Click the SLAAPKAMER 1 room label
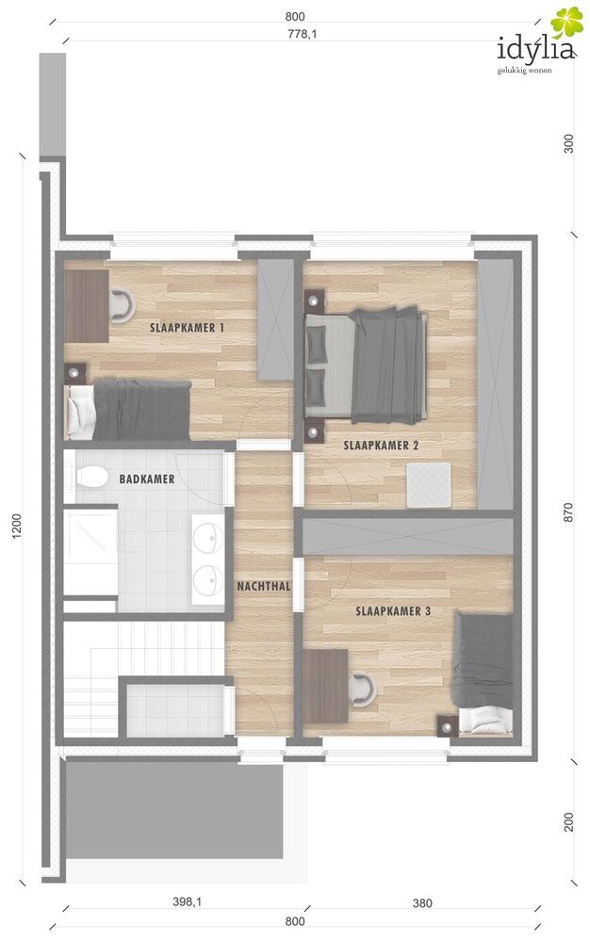tap(187, 328)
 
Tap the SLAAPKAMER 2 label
tap(381, 446)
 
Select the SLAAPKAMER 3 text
tap(393, 611)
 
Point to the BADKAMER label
tap(147, 479)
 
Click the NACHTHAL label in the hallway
tap(264, 586)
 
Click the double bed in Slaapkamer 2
tap(366, 365)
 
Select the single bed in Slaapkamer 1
tap(127, 410)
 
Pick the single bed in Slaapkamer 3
tap(483, 674)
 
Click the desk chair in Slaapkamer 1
tap(123, 306)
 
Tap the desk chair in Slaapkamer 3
tap(363, 690)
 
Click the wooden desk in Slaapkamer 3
tap(326, 686)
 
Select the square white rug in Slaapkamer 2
tap(429, 484)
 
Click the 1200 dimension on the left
tap(17, 526)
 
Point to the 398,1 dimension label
tap(188, 901)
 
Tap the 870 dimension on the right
tap(568, 512)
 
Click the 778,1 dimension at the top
tap(303, 34)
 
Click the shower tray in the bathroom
tap(90, 553)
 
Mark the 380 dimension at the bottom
tap(422, 903)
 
